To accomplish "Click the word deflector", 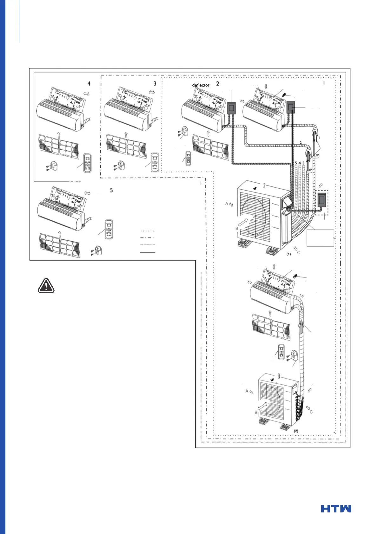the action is point(201,85).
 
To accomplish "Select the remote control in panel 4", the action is point(87,163).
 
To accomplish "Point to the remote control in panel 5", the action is point(109,229).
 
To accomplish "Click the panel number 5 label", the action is point(111,190).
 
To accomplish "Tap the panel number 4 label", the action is point(89,83).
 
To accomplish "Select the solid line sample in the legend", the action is point(148,253).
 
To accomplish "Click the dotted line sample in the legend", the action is point(148,231).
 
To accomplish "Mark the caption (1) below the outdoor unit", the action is point(288,254).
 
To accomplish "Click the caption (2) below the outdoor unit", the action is point(296,431).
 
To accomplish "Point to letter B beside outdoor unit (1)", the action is point(237,228).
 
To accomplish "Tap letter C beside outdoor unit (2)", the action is point(311,412).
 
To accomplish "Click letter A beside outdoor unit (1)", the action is point(227,204).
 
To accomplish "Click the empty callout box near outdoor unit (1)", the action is point(320,238).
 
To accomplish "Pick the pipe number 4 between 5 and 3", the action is point(300,163).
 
